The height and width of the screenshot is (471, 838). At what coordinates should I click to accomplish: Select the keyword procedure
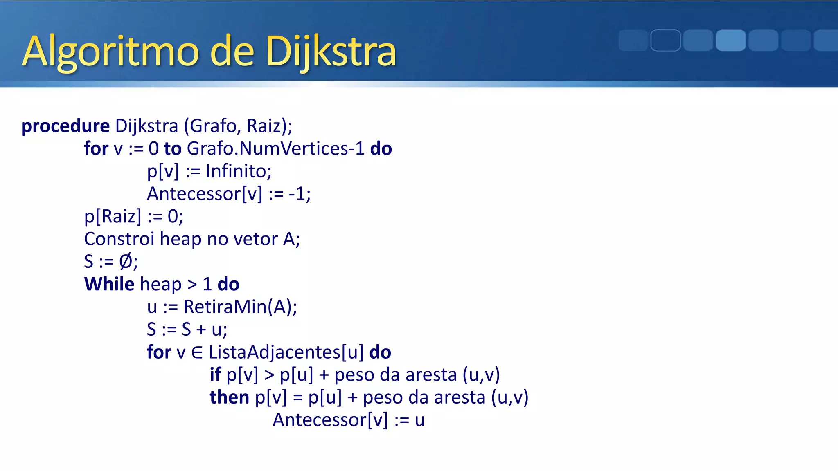tap(65, 126)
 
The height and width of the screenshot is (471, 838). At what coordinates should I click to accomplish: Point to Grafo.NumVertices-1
tap(275, 148)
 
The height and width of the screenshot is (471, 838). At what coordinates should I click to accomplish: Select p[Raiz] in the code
tap(113, 216)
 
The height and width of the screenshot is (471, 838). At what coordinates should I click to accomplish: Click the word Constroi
tap(119, 239)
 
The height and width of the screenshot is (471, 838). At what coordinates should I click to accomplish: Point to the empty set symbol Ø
tap(126, 262)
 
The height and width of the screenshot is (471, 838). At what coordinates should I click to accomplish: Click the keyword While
tap(109, 284)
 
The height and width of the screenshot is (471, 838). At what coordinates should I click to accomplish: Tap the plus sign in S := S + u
tap(201, 330)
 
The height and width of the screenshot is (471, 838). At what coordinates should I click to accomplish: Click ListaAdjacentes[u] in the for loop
tap(286, 352)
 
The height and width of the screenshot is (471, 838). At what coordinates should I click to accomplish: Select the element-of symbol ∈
tap(197, 352)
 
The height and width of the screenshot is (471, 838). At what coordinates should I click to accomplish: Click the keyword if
tap(215, 375)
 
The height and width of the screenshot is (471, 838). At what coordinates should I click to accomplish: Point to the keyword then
tap(229, 397)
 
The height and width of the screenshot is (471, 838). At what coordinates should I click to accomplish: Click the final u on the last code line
tap(419, 420)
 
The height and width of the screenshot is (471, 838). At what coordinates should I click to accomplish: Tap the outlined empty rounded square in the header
tap(665, 40)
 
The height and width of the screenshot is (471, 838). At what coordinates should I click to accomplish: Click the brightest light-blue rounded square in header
tap(730, 40)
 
